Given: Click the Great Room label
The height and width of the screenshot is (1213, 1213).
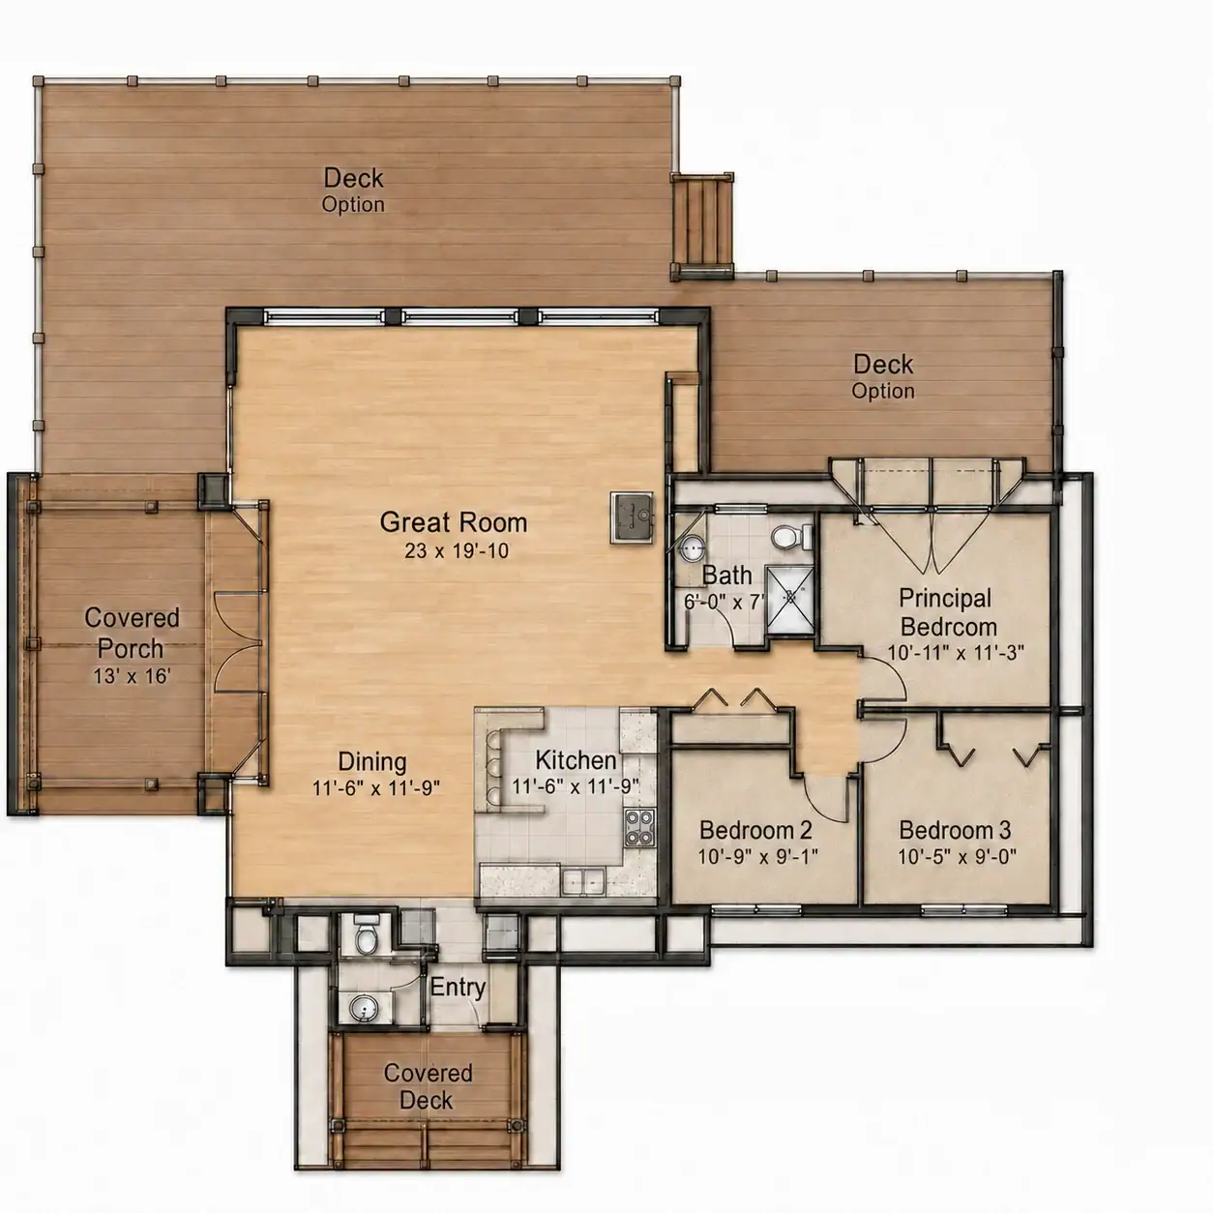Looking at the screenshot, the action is click(x=454, y=522).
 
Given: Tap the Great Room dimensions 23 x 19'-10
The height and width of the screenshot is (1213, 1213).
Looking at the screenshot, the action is click(x=457, y=550).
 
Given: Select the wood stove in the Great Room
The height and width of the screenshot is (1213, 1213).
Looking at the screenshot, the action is click(x=633, y=518).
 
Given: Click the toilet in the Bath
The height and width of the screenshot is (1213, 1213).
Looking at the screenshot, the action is click(x=791, y=537).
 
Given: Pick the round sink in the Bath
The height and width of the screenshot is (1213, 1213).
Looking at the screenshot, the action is click(x=693, y=548).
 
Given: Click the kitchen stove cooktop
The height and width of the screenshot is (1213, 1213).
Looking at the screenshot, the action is click(x=639, y=828).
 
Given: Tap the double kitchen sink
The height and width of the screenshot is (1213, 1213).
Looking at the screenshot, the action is click(x=583, y=880).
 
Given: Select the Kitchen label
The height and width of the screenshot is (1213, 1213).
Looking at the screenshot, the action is click(x=576, y=760).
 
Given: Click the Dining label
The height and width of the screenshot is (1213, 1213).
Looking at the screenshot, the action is click(x=372, y=761).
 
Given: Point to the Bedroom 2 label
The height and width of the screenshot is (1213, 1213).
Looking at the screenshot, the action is click(x=755, y=830).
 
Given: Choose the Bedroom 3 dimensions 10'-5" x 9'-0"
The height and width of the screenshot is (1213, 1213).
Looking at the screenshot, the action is click(x=957, y=856).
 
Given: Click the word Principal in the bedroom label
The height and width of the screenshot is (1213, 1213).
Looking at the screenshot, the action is click(x=945, y=598).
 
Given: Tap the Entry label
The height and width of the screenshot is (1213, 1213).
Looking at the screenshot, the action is click(x=458, y=987).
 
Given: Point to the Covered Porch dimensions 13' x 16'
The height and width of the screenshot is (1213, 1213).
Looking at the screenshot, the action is click(x=132, y=676).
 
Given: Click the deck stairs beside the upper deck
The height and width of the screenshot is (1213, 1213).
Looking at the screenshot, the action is click(x=702, y=224).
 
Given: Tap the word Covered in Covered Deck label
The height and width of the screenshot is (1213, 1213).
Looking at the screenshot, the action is click(x=429, y=1073).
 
